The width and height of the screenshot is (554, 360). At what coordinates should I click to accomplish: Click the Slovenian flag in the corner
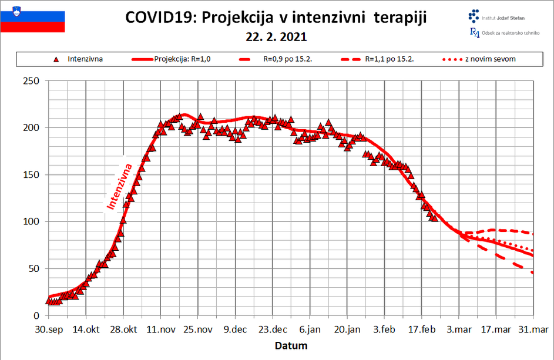pyautogui.click(x=32, y=16)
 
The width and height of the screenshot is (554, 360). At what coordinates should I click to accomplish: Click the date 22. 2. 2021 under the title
pyautogui.click(x=277, y=37)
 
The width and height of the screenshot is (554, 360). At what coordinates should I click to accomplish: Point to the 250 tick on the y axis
pyautogui.click(x=30, y=81)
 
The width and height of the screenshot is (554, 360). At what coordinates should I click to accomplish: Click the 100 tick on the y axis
pyautogui.click(x=30, y=222)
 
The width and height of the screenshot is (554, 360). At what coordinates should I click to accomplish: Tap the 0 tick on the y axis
pyautogui.click(x=36, y=316)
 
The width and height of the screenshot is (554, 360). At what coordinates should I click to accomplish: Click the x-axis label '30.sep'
pyautogui.click(x=49, y=329)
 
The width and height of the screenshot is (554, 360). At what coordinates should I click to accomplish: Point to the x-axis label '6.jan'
pyautogui.click(x=311, y=329)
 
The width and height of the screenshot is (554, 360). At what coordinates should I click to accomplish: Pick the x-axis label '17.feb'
pyautogui.click(x=422, y=329)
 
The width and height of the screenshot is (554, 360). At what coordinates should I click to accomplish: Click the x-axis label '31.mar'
pyautogui.click(x=533, y=329)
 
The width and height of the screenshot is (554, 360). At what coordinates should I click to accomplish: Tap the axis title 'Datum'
pyautogui.click(x=291, y=346)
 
